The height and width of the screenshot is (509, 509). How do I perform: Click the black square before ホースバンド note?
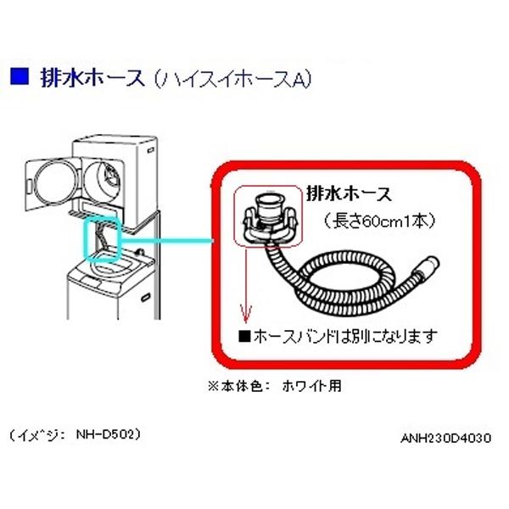(245, 336)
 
